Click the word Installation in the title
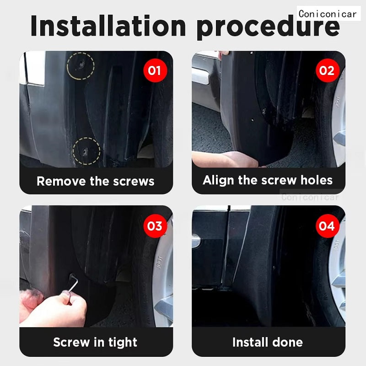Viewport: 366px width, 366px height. [109, 27]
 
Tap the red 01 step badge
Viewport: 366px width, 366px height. [155, 70]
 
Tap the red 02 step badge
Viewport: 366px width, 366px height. [327, 70]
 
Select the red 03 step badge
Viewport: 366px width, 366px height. [155, 226]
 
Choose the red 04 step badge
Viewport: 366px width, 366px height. [327, 226]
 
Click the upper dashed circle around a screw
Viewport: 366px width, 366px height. [81, 65]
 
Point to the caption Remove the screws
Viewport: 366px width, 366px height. [96, 181]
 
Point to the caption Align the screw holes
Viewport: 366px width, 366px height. [268, 180]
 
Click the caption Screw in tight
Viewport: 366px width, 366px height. [96, 342]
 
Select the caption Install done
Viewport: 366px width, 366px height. [268, 342]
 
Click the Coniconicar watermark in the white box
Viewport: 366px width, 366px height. [328, 14]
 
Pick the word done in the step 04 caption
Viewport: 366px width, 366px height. [286, 342]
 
